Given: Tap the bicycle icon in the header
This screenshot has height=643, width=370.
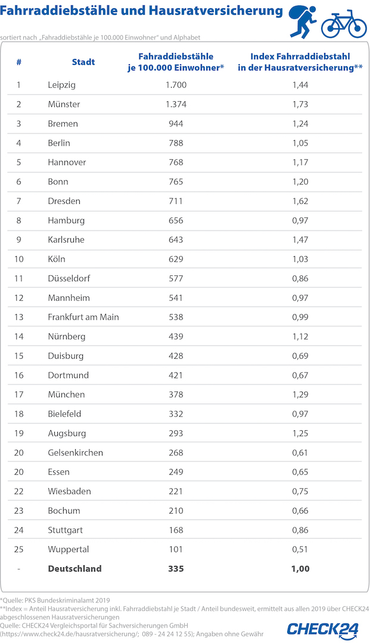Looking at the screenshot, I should click(344, 23).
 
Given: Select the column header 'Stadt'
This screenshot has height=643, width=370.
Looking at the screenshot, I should click(83, 62).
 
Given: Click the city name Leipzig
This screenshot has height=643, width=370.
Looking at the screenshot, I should click(61, 85).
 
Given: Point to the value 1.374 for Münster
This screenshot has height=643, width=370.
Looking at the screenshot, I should click(176, 104).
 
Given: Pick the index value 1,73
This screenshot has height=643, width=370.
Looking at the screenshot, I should click(300, 104).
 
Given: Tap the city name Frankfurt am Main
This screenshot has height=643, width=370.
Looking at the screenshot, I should click(83, 317).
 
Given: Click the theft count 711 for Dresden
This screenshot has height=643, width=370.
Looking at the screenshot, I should click(176, 201).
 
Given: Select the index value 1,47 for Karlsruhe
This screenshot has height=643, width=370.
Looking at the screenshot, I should click(300, 240).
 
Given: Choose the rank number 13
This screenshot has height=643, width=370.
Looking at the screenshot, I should click(19, 317).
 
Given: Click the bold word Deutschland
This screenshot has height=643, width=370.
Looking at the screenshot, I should click(74, 569).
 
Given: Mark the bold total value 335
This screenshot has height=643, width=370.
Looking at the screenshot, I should click(176, 569).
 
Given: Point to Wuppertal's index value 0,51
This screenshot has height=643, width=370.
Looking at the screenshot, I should click(300, 549).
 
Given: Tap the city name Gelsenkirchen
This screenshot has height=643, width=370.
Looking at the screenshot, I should click(75, 452).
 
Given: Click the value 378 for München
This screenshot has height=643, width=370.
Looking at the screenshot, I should click(176, 395).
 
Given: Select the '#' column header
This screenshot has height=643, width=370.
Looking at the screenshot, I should click(19, 62).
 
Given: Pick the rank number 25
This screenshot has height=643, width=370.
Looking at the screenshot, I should click(19, 549).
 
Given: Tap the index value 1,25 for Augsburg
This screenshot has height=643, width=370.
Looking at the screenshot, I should click(300, 433).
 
